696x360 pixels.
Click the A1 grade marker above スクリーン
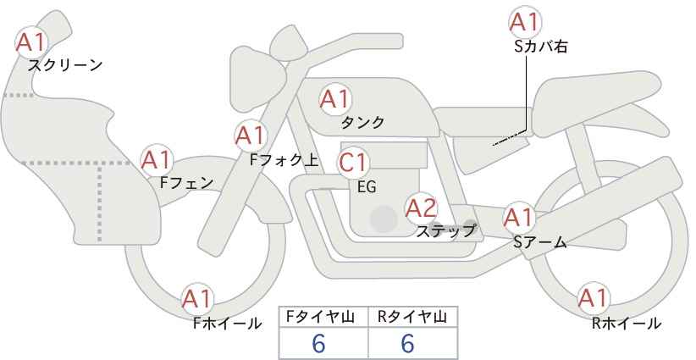pos(31,42)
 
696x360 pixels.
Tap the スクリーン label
pos(65,66)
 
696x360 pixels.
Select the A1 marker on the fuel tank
pos(335,99)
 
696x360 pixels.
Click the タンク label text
pos(362,122)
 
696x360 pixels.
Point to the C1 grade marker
pos(352,163)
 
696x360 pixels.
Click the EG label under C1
pos(367,187)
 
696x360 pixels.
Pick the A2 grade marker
pos(421,208)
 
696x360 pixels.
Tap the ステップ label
pos(445,231)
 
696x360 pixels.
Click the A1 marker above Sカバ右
pos(525,22)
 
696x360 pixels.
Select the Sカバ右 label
pos(541,47)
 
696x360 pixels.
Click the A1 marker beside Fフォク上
pos(251,136)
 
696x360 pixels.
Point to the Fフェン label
pos(186,182)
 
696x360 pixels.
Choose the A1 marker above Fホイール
pos(197,299)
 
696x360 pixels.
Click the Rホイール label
pos(627,324)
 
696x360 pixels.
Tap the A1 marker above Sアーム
pos(518,218)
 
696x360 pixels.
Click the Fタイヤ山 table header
pos(320,317)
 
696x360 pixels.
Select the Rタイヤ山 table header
pos(412,317)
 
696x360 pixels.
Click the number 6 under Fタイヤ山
pos(318,343)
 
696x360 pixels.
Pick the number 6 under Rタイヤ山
pos(407,343)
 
